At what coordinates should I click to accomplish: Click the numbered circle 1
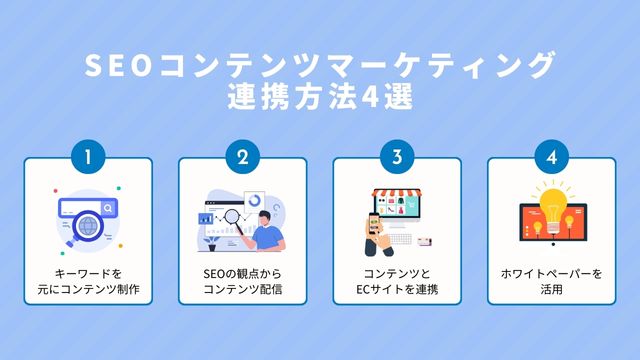coord(88,158)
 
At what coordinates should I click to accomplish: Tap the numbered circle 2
coord(242,158)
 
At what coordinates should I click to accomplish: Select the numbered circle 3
coord(397,158)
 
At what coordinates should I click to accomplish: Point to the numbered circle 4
coord(551,158)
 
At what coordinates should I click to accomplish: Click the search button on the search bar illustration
coord(107,207)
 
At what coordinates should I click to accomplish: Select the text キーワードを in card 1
coord(88,273)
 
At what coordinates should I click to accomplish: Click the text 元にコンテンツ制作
coord(88,290)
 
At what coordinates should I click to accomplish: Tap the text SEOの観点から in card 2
coord(242,273)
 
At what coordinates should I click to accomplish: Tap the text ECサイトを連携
coord(397,290)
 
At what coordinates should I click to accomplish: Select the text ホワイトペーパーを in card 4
coord(551,273)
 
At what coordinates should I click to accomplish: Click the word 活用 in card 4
coord(551,290)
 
